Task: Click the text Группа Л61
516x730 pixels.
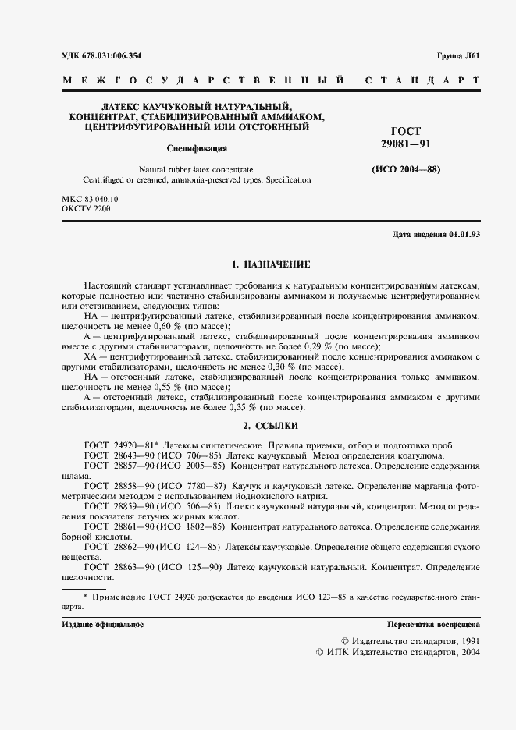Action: click(x=457, y=55)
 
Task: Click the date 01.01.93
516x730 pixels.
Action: click(x=465, y=235)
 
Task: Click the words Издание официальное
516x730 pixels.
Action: click(x=102, y=625)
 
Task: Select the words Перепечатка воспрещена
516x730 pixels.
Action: click(x=434, y=625)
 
